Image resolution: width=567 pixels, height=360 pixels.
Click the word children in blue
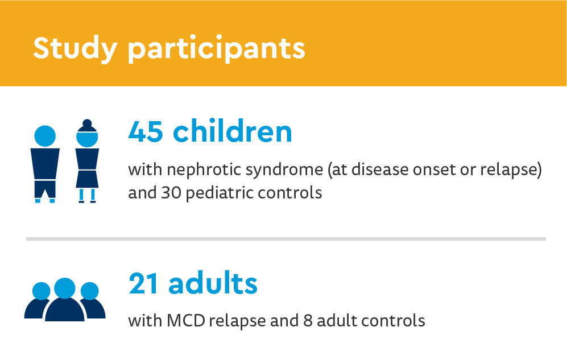tap(233, 132)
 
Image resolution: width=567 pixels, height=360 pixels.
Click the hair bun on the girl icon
tap(87, 123)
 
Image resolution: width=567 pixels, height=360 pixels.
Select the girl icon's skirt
tap(88, 178)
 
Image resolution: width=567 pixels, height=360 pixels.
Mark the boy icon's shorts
tap(45, 188)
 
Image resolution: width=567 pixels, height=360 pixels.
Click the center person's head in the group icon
tap(65, 288)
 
